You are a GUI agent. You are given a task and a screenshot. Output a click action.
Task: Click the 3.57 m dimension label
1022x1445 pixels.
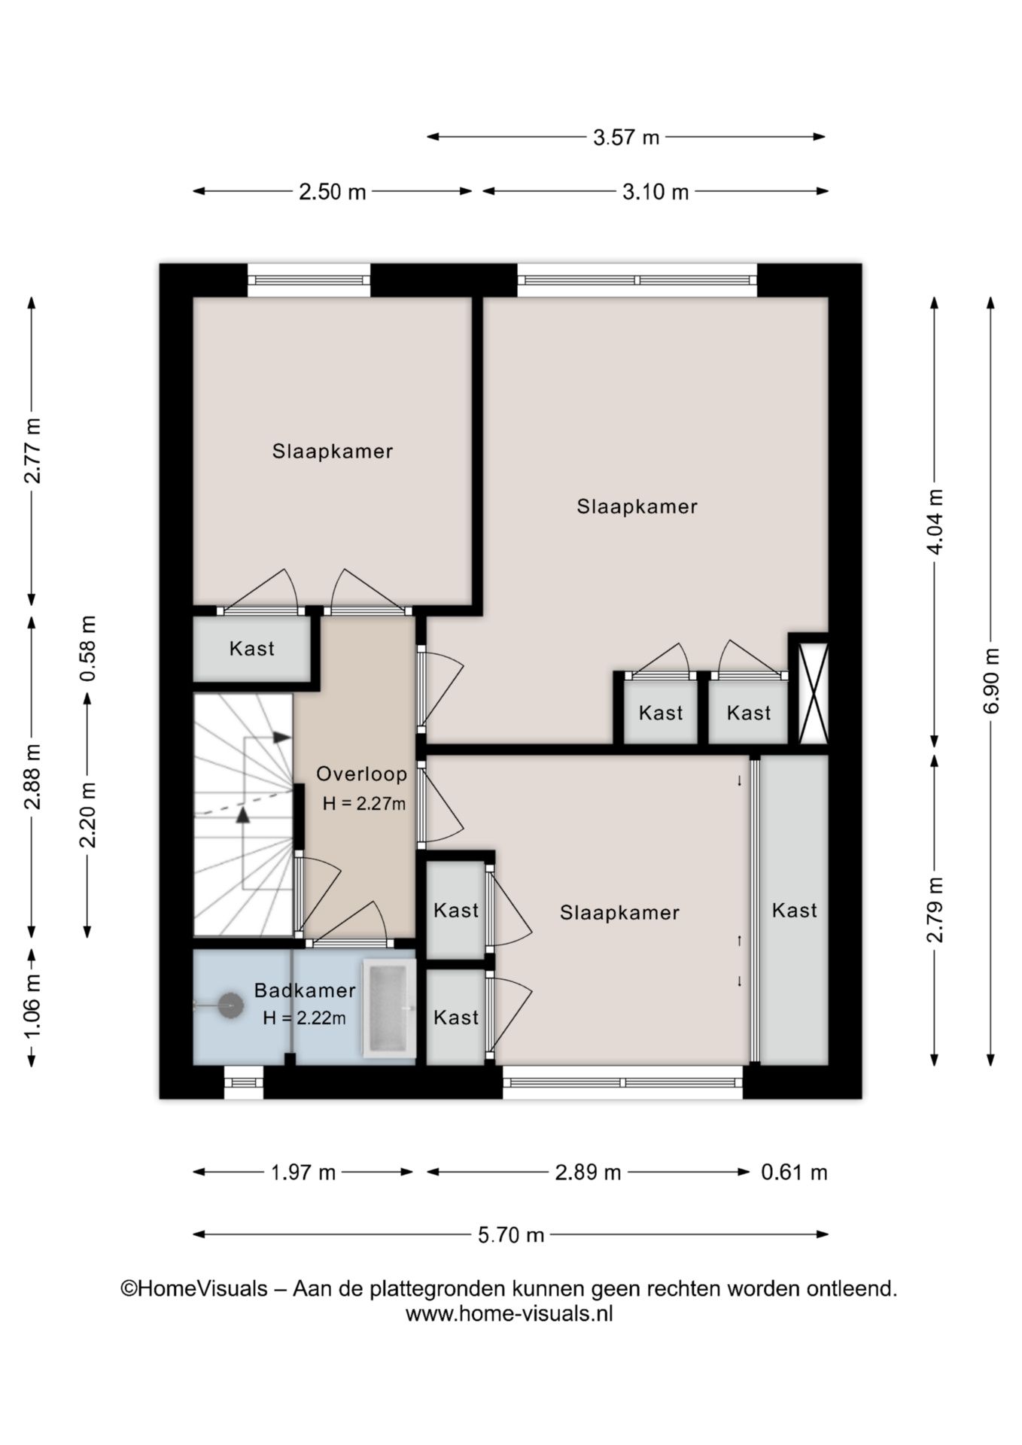pos(626,137)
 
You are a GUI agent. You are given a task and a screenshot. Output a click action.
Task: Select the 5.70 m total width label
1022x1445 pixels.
pos(511,1235)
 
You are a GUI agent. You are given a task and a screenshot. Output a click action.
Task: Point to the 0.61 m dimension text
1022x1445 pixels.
pos(794,1172)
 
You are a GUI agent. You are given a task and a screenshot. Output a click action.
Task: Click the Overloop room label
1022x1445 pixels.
pos(361,774)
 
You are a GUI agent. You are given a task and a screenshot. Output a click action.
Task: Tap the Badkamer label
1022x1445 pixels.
pos(305,990)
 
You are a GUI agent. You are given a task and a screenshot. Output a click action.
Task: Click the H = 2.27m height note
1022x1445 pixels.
pos(364,803)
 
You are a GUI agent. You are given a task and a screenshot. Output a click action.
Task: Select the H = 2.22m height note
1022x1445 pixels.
pos(305,1018)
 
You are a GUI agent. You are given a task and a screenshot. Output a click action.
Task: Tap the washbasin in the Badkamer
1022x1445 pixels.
pos(389,1008)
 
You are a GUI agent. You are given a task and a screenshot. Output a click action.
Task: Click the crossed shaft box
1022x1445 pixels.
pos(813,693)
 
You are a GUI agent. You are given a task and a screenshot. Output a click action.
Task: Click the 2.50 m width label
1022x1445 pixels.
pos(332,192)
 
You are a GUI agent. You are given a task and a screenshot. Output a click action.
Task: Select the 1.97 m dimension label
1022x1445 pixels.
pos(303,1172)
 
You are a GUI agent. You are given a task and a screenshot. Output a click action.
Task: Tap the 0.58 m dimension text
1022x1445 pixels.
pos(88,649)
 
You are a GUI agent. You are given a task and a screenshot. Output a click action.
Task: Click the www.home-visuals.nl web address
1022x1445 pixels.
pos(509,1314)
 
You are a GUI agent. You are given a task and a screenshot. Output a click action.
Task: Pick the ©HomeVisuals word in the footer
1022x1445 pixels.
pos(194,1289)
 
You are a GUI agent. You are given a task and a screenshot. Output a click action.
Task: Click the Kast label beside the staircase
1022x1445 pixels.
pos(252,649)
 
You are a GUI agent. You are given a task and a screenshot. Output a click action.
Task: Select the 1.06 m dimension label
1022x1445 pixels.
pos(32,1005)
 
